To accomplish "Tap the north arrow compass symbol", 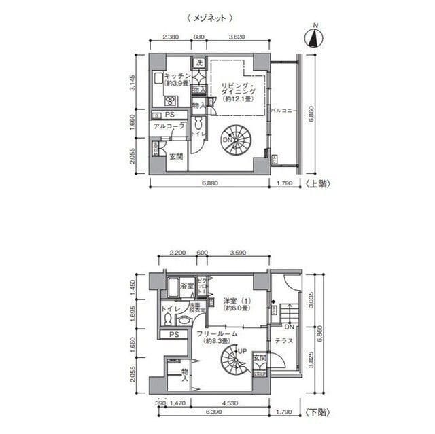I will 314,36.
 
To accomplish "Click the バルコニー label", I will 281,110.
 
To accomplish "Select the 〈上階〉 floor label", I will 317,183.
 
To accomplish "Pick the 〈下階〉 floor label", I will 317,411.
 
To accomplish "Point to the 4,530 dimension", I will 222,403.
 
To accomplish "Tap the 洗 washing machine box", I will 199,63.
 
